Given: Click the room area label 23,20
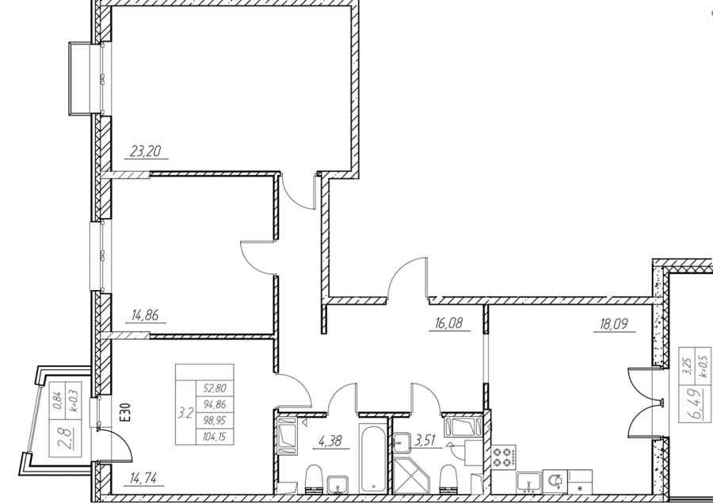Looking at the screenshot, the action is [146, 151].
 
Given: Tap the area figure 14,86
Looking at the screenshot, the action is [146, 315].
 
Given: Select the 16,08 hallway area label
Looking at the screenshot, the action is [449, 323].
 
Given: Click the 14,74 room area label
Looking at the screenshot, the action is [143, 479].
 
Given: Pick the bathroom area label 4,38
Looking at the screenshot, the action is [330, 441].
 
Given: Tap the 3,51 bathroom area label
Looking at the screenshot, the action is [425, 441].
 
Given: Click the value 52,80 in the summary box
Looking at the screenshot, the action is [215, 388].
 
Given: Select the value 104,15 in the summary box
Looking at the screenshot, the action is [215, 437].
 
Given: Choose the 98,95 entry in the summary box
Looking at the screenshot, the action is [215, 421].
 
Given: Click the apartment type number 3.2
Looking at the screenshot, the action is [186, 414].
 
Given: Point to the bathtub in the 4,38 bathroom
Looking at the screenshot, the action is [372, 458].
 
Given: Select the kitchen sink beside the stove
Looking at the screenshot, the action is [528, 482].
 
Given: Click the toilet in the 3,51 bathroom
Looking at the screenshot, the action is [448, 479].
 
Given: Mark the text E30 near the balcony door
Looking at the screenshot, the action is [125, 412].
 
